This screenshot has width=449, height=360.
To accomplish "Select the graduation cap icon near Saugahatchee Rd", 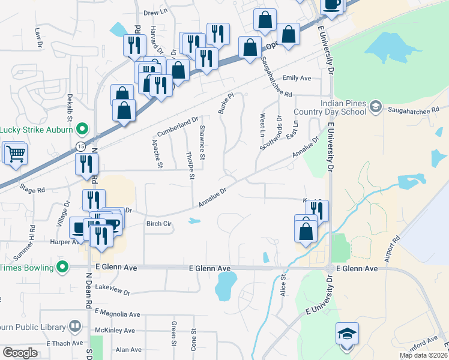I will [376, 107].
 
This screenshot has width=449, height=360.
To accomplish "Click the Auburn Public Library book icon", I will [75, 326].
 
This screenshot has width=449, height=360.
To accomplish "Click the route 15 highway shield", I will [81, 146].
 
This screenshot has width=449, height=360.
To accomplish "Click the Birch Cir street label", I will [159, 223].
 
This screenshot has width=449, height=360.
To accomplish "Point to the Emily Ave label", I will [297, 78].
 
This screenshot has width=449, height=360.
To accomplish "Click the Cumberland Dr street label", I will [177, 126].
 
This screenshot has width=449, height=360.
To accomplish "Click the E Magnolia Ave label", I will [117, 314].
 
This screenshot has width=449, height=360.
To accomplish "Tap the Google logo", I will [20, 353].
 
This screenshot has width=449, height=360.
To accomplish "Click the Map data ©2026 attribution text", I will [423, 355].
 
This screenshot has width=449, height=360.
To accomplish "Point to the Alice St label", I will [283, 286].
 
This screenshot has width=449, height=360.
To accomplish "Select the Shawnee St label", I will [202, 143].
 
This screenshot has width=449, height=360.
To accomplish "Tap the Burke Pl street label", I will [224, 103].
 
